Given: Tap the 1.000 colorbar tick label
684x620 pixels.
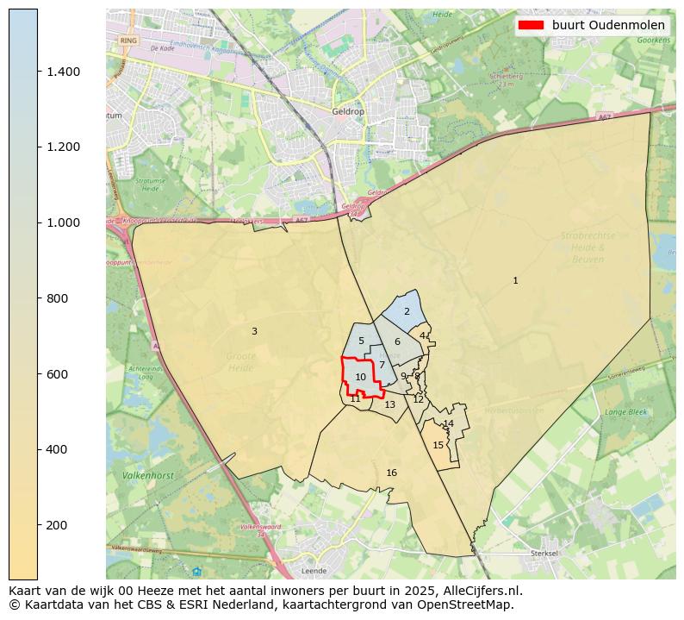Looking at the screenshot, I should click(x=63, y=222).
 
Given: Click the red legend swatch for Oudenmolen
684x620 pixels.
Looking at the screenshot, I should click(x=531, y=25).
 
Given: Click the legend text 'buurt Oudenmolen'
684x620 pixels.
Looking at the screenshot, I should click(x=608, y=25).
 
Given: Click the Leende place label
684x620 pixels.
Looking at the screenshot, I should click(x=314, y=571).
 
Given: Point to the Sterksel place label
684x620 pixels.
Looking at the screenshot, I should click(x=545, y=553).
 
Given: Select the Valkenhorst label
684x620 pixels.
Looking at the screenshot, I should click(x=149, y=475).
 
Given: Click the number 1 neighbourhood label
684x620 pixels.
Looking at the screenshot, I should click(x=515, y=280).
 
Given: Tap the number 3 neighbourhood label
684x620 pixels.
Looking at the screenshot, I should click(x=254, y=331).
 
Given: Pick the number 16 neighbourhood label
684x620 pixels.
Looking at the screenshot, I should click(x=391, y=473).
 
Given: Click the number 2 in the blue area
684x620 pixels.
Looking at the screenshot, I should click(x=407, y=311).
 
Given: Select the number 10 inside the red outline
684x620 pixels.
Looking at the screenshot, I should click(x=361, y=377).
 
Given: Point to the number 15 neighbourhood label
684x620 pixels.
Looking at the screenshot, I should click(x=438, y=445).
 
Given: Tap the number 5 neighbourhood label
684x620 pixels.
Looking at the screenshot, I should click(x=361, y=341).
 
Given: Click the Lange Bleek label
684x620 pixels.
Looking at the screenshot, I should click(x=625, y=412).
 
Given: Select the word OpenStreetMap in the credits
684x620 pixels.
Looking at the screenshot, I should click(x=469, y=604).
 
